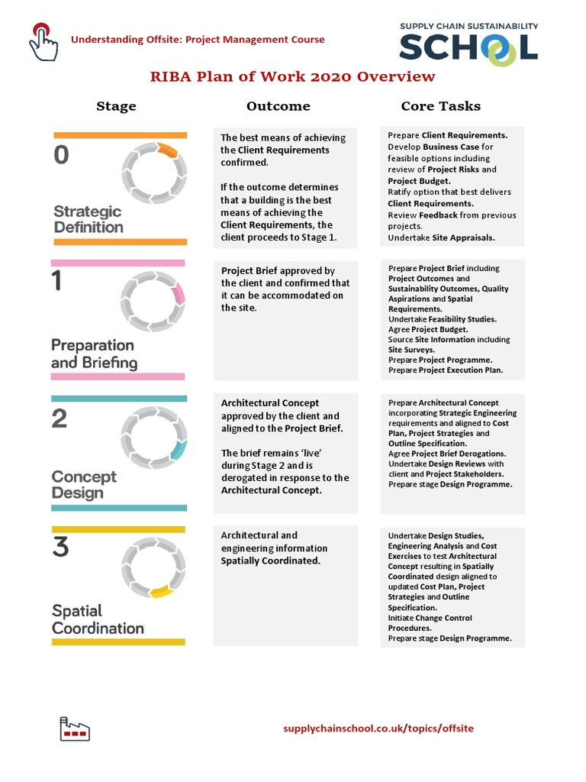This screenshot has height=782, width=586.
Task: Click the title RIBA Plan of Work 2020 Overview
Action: click(292, 76)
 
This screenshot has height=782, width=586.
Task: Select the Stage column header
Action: click(116, 106)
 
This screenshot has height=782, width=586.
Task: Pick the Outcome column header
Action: click(278, 106)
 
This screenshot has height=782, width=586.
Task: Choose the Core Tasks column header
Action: click(440, 106)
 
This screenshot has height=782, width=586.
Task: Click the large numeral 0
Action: click(61, 156)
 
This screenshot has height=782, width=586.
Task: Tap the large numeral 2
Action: click(60, 418)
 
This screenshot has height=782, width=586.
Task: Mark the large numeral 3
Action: click(60, 547)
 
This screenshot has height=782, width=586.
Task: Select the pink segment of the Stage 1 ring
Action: click(179, 295)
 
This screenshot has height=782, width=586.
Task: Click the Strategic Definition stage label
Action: click(88, 219)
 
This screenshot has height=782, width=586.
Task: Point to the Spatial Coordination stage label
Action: click(98, 619)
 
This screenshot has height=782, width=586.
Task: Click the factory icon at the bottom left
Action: click(74, 729)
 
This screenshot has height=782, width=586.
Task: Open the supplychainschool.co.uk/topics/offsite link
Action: click(378, 729)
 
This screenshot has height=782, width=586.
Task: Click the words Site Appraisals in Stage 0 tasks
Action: click(462, 238)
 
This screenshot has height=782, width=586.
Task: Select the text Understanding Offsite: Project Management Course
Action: click(198, 40)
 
